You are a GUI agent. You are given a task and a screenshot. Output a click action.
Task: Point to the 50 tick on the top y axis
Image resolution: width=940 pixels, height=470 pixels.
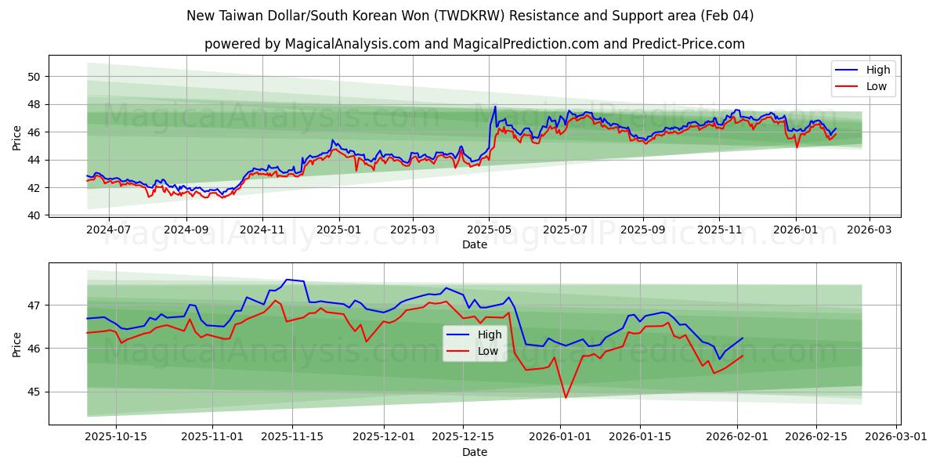pos(33,77)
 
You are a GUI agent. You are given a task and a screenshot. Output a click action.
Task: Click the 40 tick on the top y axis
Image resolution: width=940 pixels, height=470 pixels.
pos(33,215)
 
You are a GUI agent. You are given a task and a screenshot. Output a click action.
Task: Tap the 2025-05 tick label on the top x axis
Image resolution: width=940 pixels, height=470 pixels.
pos(489,230)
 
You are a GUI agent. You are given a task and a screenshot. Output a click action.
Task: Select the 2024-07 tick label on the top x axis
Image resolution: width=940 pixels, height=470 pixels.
pos(107,230)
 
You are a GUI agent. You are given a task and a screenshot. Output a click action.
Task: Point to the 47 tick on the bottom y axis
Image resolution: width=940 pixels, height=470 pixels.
pos(35,305)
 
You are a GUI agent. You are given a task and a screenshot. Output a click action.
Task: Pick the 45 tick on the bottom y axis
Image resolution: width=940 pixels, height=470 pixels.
pos(35,392)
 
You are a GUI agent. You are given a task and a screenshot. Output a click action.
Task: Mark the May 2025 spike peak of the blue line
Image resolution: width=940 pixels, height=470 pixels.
pos(495,107)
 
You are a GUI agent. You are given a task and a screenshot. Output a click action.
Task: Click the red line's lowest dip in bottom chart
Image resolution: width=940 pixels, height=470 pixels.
pos(566,397)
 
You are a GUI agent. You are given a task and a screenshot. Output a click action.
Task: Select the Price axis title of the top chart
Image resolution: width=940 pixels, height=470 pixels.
pos(17,137)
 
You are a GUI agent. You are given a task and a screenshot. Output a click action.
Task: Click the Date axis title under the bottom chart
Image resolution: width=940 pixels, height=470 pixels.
pos(474,452)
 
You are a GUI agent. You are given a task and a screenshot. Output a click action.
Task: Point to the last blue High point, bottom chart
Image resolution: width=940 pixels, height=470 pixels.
pos(743,338)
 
